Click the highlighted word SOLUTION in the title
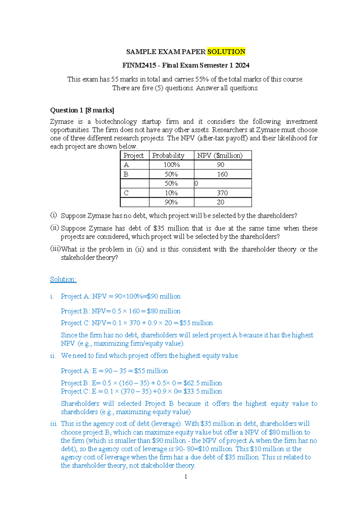[x=226, y=52]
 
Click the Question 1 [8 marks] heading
[x=82, y=110]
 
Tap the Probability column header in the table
[x=168, y=155]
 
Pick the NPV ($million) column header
[x=220, y=155]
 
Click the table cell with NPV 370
[x=222, y=193]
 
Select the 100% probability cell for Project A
[x=171, y=165]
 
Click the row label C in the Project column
[x=126, y=193]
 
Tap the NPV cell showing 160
[x=222, y=174]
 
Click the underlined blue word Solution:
[x=63, y=279]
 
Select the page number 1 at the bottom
[x=186, y=477]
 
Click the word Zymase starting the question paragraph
[x=61, y=121]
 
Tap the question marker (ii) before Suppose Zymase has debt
[x=54, y=228]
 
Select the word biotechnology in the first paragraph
[x=116, y=121]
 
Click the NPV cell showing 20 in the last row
[x=220, y=202]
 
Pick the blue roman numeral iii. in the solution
[x=54, y=424]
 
